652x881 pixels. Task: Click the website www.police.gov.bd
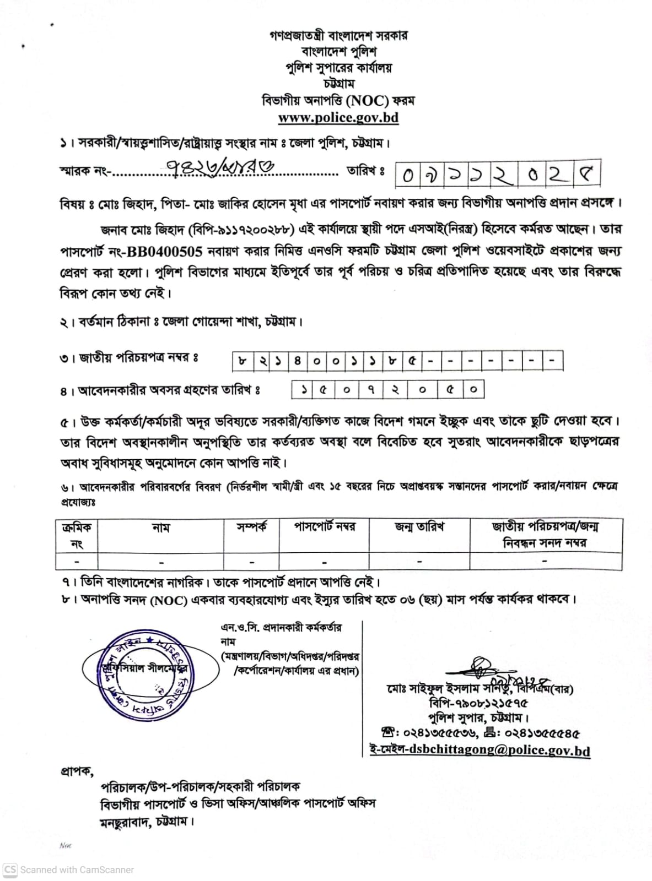tap(338, 117)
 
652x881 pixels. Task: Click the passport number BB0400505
tap(165, 251)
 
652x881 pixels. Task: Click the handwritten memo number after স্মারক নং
tap(221, 167)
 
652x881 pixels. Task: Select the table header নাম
tap(161, 527)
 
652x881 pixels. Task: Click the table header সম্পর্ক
tap(251, 527)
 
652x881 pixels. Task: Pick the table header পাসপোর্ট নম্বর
tap(324, 527)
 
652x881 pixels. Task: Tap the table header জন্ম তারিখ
tap(419, 527)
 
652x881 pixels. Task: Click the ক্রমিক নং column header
tap(77, 535)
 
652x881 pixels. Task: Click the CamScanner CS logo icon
tap(11, 870)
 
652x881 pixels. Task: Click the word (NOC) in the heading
tap(368, 101)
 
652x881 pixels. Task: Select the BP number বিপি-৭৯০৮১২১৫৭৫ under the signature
tap(478, 703)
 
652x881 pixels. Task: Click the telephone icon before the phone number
tap(387, 733)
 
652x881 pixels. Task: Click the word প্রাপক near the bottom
tap(76, 771)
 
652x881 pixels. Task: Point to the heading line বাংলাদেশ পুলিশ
tap(338, 52)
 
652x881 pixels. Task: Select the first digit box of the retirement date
tap(304, 390)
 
